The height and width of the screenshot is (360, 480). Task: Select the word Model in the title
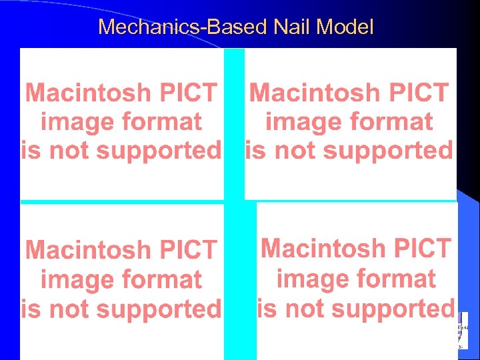(x=346, y=27)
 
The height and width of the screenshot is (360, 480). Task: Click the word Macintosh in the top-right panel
(x=311, y=93)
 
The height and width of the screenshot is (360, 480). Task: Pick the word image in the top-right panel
(x=297, y=122)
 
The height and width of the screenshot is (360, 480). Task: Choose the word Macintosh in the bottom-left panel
(x=87, y=251)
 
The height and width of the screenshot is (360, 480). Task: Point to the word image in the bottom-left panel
(x=73, y=280)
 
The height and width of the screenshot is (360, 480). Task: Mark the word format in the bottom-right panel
(x=399, y=279)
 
